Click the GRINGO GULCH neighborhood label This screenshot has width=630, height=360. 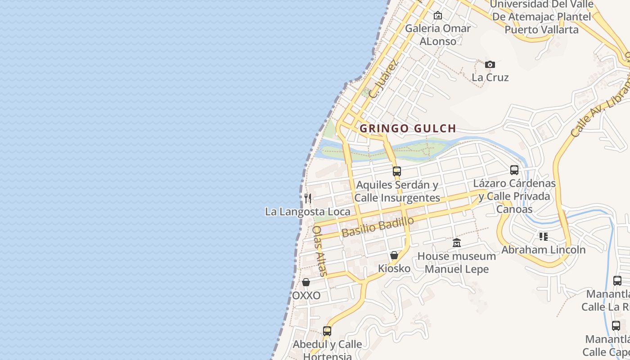click(x=408, y=128)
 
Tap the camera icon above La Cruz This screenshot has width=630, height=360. click(x=490, y=64)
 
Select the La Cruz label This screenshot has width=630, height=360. click(x=490, y=77)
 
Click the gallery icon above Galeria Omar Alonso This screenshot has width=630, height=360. click(x=437, y=16)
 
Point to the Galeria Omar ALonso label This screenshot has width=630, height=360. click(x=437, y=35)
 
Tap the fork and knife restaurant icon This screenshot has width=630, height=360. click(x=308, y=198)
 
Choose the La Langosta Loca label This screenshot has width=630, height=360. click(x=308, y=211)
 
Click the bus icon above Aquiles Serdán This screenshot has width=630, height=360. click(x=396, y=171)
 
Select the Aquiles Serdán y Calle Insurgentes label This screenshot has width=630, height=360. click(x=397, y=191)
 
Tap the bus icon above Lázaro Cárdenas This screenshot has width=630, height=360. click(x=514, y=170)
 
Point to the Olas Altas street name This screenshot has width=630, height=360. click(x=319, y=250)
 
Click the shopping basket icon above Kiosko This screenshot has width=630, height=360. click(x=394, y=255)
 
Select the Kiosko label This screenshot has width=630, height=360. click(x=394, y=269)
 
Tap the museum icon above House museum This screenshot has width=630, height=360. click(x=457, y=243)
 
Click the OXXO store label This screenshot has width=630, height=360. click(x=306, y=296)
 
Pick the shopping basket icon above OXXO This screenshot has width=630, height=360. click(x=306, y=282)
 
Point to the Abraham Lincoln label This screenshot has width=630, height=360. click(x=544, y=250)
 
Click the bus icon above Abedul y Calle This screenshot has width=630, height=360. click(x=327, y=331)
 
